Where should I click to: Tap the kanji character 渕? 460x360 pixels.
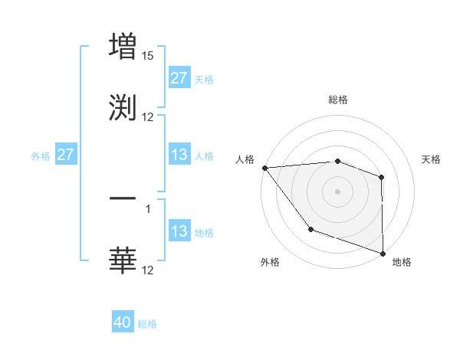click(x=123, y=106)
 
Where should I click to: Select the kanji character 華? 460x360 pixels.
click(x=123, y=260)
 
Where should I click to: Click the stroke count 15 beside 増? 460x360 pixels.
click(x=148, y=56)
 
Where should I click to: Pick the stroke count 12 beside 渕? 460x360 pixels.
click(x=148, y=116)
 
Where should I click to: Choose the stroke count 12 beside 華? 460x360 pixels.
click(x=148, y=270)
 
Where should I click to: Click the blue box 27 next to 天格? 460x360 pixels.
click(x=179, y=78)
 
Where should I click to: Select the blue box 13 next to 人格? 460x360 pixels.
click(x=179, y=155)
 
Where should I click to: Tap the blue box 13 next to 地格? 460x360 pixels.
click(x=179, y=231)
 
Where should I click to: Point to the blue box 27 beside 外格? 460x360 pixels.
click(x=65, y=155)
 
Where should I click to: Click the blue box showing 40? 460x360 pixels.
click(x=123, y=323)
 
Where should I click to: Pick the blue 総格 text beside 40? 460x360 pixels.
click(x=147, y=324)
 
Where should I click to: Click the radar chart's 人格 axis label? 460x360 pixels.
click(x=245, y=159)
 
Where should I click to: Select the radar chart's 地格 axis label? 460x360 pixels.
click(x=402, y=262)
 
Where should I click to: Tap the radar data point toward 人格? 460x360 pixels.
click(x=264, y=168)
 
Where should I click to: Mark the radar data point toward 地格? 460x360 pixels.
click(x=383, y=252)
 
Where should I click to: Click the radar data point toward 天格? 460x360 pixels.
click(x=381, y=178)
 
